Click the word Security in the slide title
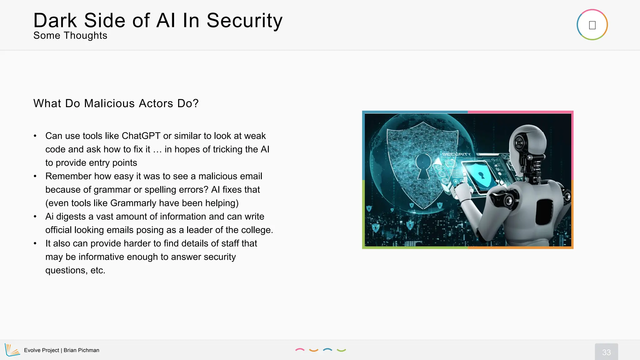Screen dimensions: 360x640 pyautogui.click(x=244, y=21)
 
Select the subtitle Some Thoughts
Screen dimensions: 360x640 pyautogui.click(x=70, y=36)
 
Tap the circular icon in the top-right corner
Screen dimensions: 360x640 pyautogui.click(x=592, y=25)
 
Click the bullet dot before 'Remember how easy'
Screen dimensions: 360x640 pyautogui.click(x=35, y=176)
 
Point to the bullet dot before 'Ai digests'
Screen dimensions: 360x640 pyautogui.click(x=35, y=217)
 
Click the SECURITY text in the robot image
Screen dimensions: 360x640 pyautogui.click(x=456, y=154)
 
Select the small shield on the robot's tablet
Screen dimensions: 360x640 pyautogui.click(x=481, y=175)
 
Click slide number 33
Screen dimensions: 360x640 pyautogui.click(x=606, y=352)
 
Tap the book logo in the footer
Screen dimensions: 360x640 pyautogui.click(x=12, y=350)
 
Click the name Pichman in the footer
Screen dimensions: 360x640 pyautogui.click(x=89, y=350)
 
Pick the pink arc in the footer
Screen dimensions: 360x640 pyautogui.click(x=300, y=350)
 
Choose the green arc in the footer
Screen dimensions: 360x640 pyautogui.click(x=341, y=350)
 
